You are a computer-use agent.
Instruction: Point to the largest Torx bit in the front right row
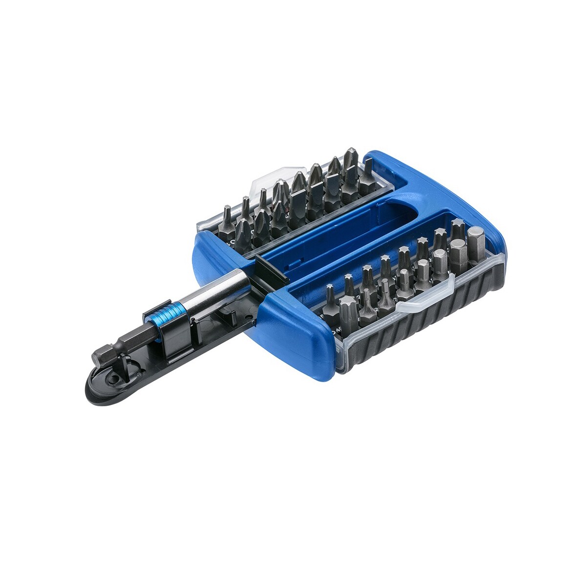tap(348, 309)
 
